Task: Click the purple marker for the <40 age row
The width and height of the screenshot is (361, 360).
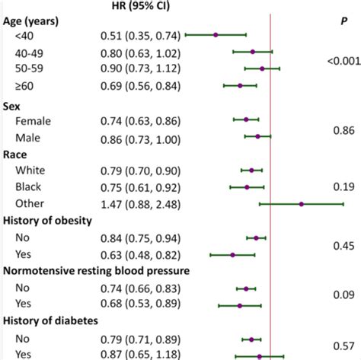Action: [x=216, y=35]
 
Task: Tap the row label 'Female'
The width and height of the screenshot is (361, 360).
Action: [x=32, y=119]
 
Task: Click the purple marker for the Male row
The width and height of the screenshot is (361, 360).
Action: [x=257, y=137]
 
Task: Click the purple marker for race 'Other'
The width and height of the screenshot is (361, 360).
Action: [x=302, y=204]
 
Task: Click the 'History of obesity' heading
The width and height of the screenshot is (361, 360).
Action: [x=59, y=221]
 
